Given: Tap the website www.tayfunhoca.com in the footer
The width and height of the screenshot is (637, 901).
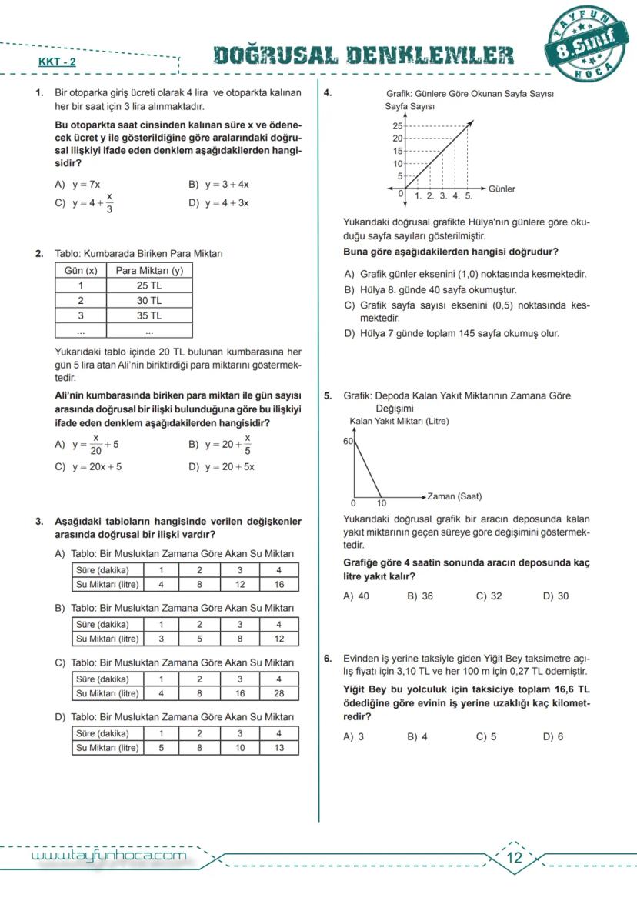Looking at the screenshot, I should pos(108,856).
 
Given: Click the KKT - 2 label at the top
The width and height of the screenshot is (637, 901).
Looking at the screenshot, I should pos(58,62).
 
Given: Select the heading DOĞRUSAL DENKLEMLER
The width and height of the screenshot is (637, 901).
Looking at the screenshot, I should pos(364,55).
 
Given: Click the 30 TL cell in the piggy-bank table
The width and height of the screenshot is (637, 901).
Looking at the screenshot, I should pos(148,301).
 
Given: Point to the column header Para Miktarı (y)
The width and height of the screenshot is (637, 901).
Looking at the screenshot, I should pos(148,271).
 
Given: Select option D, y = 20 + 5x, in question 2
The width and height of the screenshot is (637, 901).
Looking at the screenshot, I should pos(229,466).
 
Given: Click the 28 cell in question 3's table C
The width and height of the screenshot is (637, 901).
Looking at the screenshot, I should pos(278,693).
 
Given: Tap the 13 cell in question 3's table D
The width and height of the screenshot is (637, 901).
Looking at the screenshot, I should pos(278,747).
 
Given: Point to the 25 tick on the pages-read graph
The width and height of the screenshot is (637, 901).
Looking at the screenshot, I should pos(398,126).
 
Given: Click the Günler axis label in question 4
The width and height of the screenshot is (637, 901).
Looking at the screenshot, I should pos(502,189).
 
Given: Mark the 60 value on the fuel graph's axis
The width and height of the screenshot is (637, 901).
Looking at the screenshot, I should pos(348,442).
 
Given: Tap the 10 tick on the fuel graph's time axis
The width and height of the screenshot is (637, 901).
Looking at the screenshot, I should pos(382,503).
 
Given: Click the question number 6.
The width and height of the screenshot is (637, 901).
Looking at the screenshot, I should pos(328,659).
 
